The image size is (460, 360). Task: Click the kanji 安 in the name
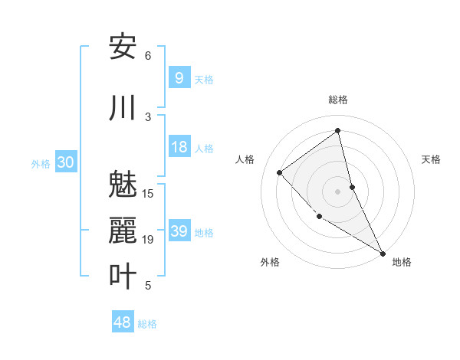pos(123,47)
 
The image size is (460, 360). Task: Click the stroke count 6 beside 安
pos(148,56)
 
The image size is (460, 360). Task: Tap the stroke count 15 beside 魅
pos(149,193)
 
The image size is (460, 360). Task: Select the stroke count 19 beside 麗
pos(149,240)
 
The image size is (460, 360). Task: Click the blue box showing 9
pos(179,77)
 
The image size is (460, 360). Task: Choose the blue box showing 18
pos(179,147)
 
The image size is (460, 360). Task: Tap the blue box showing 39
pos(179,231)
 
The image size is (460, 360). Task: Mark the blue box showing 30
pos(65,162)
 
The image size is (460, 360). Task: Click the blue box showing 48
pos(123,322)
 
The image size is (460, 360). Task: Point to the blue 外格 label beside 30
pos(41,163)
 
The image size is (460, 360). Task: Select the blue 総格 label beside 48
pos(147,324)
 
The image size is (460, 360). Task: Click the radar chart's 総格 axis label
pos(337,100)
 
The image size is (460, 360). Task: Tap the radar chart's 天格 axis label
pos(431,159)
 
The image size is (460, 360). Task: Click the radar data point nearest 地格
pos(382,253)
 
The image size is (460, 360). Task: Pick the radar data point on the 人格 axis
pos(280,172)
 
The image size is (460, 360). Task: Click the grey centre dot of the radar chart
pos(337,191)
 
